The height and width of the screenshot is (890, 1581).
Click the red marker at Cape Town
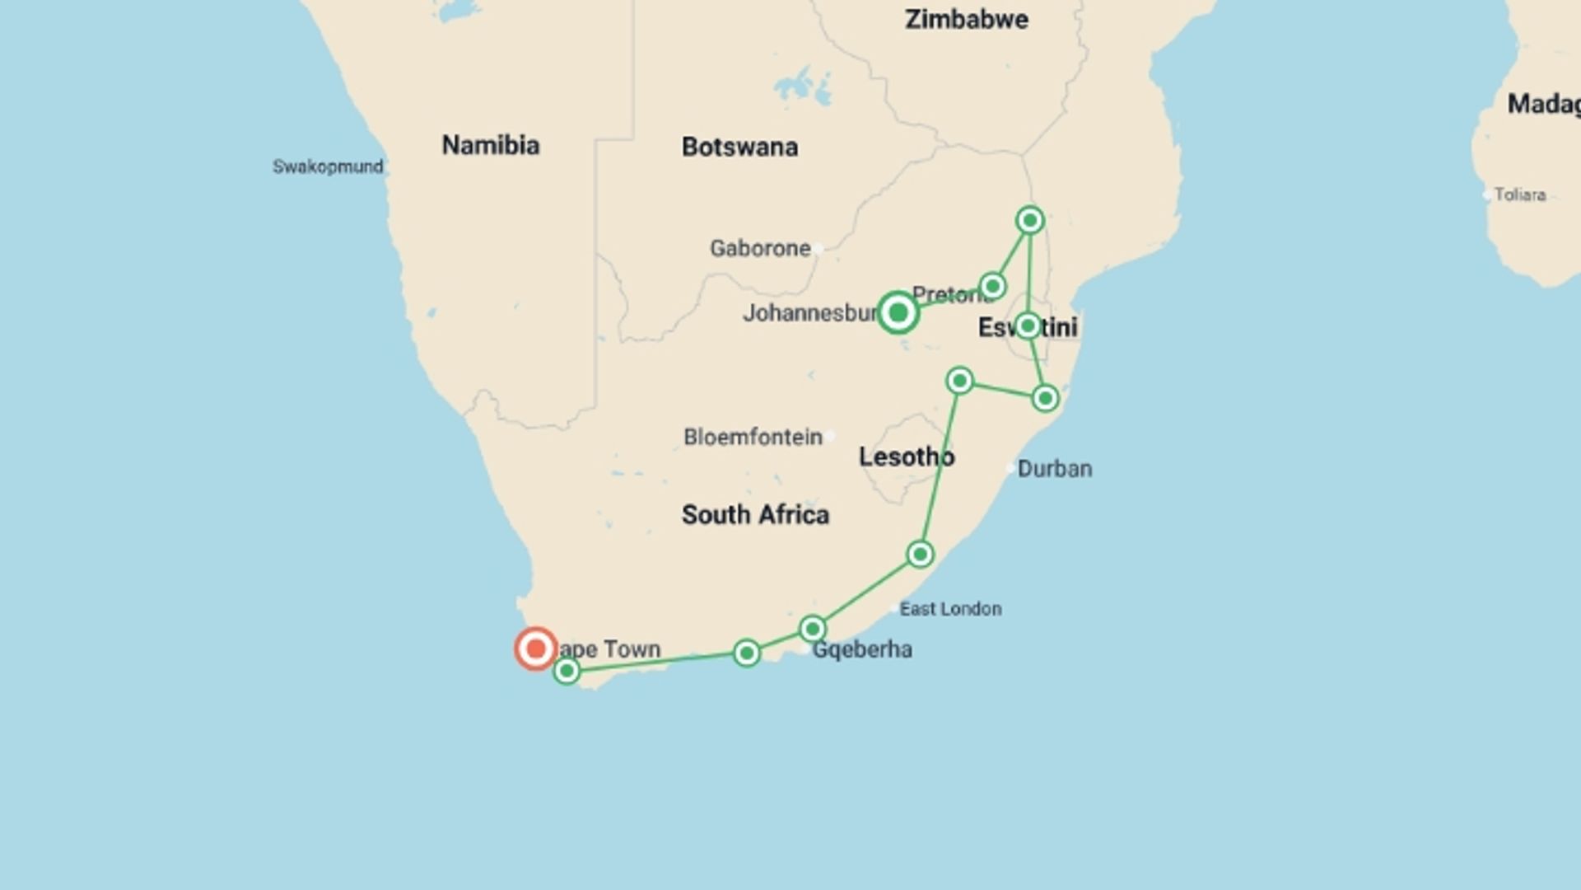click(x=535, y=649)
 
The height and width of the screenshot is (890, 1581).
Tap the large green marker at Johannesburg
click(x=898, y=312)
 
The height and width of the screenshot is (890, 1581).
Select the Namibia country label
click(x=491, y=145)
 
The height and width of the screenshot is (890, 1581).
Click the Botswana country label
click(x=739, y=147)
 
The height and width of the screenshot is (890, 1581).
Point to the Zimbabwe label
click(x=966, y=19)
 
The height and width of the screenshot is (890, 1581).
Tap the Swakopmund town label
click(x=328, y=166)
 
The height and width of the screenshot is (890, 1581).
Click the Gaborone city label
click(x=760, y=248)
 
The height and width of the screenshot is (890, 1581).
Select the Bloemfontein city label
click(x=753, y=437)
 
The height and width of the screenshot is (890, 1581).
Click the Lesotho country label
click(x=906, y=457)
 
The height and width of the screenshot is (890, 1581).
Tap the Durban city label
click(x=1054, y=469)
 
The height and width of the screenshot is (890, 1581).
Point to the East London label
click(x=950, y=609)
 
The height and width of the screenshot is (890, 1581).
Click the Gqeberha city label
click(x=861, y=649)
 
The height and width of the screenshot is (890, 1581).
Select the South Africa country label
click(x=755, y=515)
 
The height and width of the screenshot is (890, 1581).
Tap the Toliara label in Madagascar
click(x=1519, y=194)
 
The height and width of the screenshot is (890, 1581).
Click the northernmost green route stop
click(x=1029, y=220)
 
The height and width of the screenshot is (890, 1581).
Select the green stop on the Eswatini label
click(x=1027, y=326)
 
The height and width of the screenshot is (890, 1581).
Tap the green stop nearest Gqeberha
click(x=813, y=630)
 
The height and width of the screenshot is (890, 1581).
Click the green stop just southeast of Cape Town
click(x=567, y=672)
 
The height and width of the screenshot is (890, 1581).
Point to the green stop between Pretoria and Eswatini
click(x=992, y=286)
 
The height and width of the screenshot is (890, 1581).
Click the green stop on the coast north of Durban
click(x=1045, y=399)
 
